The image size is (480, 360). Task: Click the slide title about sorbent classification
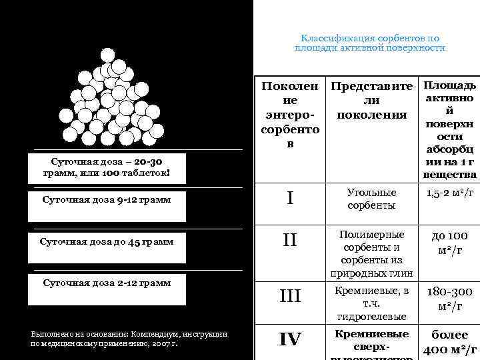click(370, 43)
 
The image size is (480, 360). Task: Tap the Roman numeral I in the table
click(290, 199)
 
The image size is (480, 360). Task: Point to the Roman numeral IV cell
click(290, 340)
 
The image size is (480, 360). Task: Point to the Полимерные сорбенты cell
click(371, 253)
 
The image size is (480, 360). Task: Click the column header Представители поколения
click(371, 101)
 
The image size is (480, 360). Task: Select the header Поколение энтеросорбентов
click(290, 115)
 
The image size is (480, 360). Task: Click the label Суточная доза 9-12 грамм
click(107, 199)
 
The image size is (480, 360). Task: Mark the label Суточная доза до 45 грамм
click(107, 241)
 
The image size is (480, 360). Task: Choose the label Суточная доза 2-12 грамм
click(107, 283)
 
